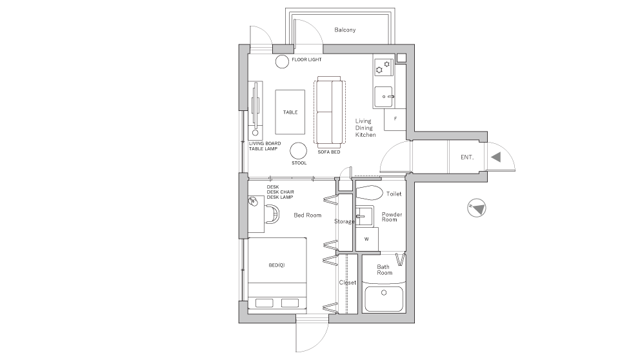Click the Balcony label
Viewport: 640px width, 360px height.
click(345, 30)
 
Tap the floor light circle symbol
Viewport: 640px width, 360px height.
click(282, 62)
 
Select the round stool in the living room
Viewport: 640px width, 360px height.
click(298, 151)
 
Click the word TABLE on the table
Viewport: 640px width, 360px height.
click(290, 112)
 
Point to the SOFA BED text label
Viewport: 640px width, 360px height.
click(328, 152)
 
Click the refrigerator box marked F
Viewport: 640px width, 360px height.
click(394, 119)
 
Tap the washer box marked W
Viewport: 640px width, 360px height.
click(366, 239)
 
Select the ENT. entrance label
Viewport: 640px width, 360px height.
click(467, 157)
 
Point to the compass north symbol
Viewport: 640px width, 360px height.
click(477, 208)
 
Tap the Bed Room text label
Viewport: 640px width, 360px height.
click(307, 215)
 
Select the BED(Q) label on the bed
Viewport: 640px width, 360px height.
click(277, 265)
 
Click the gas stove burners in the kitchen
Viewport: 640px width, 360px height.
click(383, 66)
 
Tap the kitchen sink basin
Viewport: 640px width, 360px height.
click(383, 97)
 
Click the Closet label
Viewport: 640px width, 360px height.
click(347, 283)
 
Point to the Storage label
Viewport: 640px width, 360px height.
click(344, 221)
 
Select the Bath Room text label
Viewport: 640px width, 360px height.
click(385, 270)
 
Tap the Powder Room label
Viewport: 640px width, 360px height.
click(392, 216)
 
